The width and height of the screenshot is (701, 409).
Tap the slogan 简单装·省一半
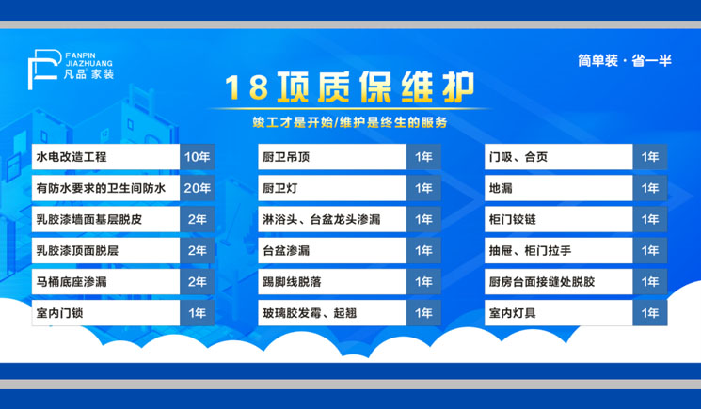tap(625, 60)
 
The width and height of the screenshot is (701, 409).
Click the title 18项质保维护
tap(349, 87)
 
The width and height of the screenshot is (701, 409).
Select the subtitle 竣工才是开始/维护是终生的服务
tap(350, 122)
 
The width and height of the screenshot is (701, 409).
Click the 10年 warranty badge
tap(198, 157)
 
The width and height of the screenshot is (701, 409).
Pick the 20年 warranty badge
tap(198, 188)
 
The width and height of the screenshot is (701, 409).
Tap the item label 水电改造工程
tap(72, 157)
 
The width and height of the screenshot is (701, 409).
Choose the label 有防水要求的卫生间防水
tap(101, 188)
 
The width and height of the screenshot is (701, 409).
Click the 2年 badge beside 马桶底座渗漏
tap(198, 282)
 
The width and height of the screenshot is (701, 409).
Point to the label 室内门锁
tap(59, 313)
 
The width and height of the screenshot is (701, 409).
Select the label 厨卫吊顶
tap(286, 157)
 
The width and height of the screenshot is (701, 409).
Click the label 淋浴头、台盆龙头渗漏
tap(322, 219)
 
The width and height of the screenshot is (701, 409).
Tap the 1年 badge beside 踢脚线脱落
tap(423, 282)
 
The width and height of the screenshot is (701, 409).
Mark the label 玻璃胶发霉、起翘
tap(310, 313)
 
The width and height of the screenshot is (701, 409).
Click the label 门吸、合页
tap(518, 157)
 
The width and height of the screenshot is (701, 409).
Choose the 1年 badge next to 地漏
tap(650, 188)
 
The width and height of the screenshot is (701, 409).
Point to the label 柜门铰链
tap(512, 219)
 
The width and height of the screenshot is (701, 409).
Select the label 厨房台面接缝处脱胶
tap(542, 282)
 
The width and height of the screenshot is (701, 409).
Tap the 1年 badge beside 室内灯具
tap(650, 313)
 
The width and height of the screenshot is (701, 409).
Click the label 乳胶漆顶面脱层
tap(77, 250)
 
